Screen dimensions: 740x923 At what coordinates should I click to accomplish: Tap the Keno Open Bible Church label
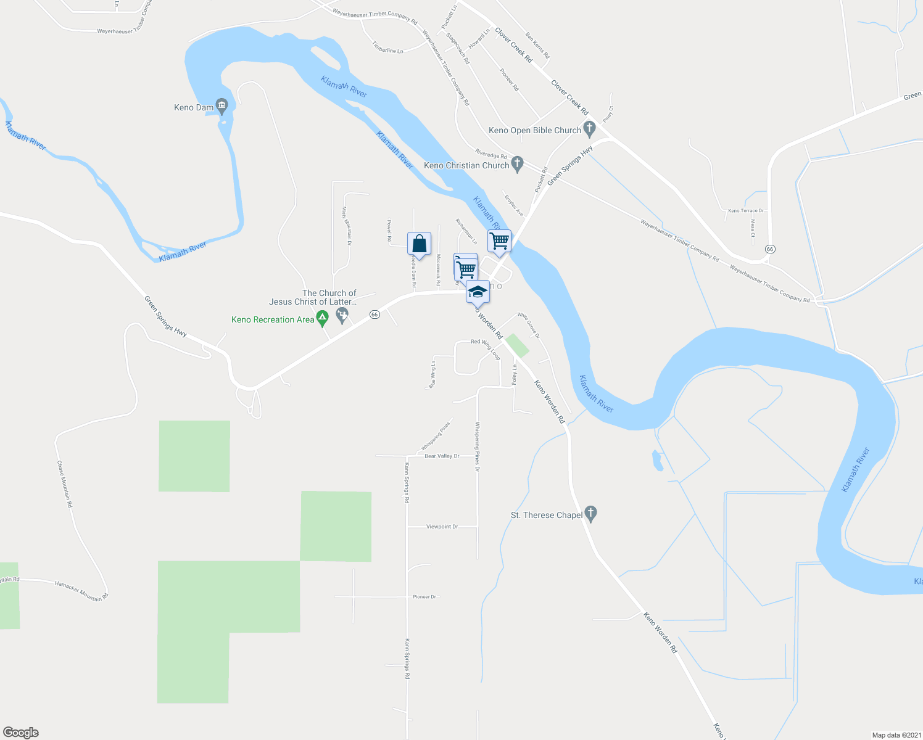pos(535,130)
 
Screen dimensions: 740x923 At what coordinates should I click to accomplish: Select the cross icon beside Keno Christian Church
pos(518,164)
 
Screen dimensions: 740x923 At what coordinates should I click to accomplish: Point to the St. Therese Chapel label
pos(547,515)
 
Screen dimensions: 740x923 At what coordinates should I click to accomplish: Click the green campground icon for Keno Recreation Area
pos(321,319)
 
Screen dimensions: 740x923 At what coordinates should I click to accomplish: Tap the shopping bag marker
pos(419,244)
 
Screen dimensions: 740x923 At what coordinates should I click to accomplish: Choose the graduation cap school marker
pos(478,292)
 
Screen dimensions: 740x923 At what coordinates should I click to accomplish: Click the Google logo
pos(21,733)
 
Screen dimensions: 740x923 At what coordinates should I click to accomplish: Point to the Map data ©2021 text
pos(895,735)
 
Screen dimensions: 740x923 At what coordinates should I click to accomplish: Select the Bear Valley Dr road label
pos(442,456)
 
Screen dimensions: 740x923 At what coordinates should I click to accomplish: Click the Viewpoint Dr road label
pos(442,527)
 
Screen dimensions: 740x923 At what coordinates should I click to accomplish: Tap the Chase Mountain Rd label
pos(65,484)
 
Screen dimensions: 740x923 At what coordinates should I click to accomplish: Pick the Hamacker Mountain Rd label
pos(81,590)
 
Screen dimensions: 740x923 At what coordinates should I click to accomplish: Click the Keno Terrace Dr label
pos(746,211)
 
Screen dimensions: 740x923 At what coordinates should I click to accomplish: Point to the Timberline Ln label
pos(387,47)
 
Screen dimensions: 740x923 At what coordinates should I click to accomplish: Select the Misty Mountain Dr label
pos(347,223)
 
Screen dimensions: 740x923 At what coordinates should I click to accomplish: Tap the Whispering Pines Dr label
pos(477,446)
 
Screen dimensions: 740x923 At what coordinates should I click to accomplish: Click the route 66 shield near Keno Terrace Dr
pos(769,249)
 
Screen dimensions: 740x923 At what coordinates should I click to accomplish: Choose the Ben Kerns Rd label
pos(537,46)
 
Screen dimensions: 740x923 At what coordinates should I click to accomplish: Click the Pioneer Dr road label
pos(425,597)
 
